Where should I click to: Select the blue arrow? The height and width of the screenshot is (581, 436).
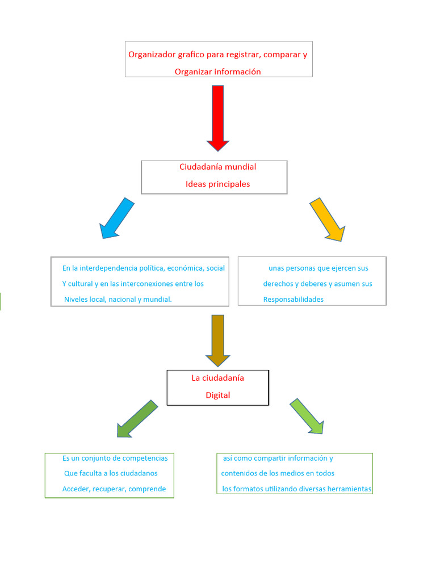(x=117, y=218)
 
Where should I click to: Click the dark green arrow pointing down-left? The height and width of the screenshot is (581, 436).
(x=137, y=419)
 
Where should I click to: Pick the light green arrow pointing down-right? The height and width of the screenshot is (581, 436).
(x=307, y=416)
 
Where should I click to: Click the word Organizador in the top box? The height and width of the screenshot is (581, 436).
(x=150, y=54)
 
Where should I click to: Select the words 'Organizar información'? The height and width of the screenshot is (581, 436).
(x=217, y=71)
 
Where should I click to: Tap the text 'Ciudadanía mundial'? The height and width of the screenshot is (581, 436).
(x=217, y=167)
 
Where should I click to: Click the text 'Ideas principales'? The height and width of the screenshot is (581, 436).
(x=217, y=184)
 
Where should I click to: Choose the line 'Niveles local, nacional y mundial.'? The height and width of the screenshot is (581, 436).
(x=118, y=299)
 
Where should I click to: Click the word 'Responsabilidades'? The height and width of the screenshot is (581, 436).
(x=293, y=299)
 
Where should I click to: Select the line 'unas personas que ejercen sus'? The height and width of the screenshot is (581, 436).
(x=318, y=268)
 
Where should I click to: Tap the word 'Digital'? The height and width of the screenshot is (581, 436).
(x=217, y=395)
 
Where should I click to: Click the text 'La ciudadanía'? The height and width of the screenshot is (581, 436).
(x=217, y=378)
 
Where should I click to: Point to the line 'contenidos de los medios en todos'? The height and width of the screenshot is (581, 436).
(x=278, y=473)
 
